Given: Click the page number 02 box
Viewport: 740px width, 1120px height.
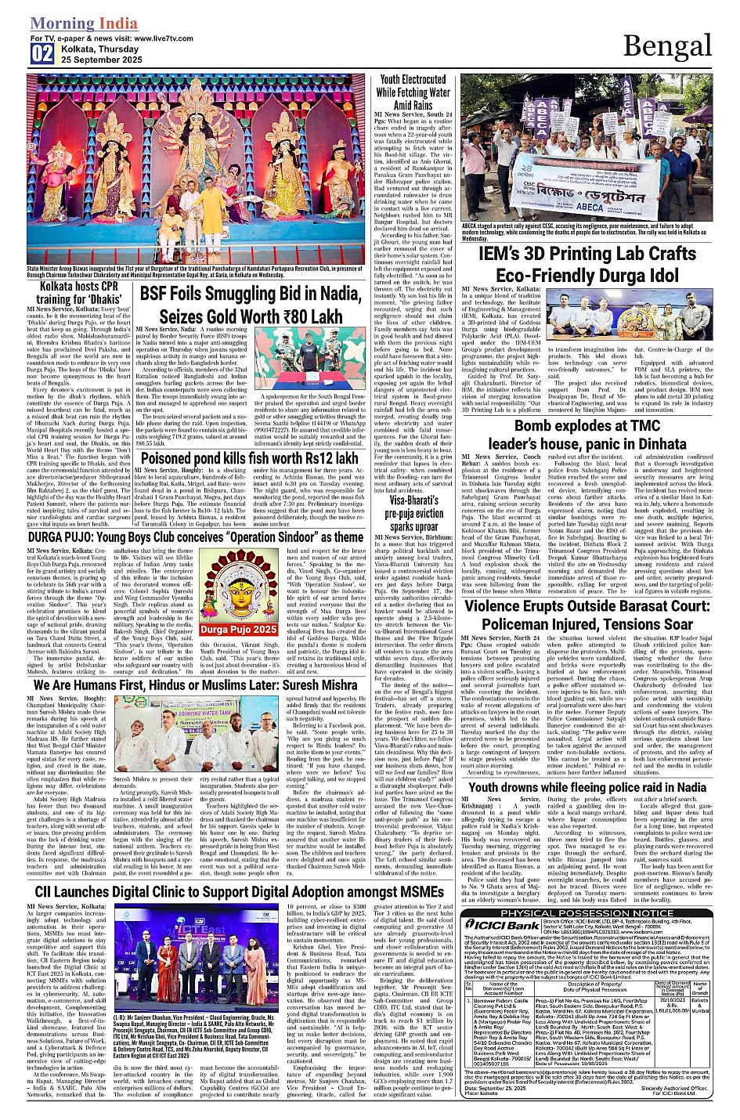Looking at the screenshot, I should point(42,53).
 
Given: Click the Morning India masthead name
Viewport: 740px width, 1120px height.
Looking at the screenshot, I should point(84,23).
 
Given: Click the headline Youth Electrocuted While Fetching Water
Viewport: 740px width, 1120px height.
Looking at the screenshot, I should point(413,92).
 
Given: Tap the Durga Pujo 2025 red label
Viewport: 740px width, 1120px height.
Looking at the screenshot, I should point(238,629).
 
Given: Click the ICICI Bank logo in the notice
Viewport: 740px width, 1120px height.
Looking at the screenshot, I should point(501,925).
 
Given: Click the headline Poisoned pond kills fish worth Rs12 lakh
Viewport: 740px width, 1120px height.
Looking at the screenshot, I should point(249,458).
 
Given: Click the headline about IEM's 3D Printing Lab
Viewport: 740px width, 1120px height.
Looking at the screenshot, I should point(587,265).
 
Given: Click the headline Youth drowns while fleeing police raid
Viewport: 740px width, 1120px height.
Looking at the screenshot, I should point(587,787).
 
